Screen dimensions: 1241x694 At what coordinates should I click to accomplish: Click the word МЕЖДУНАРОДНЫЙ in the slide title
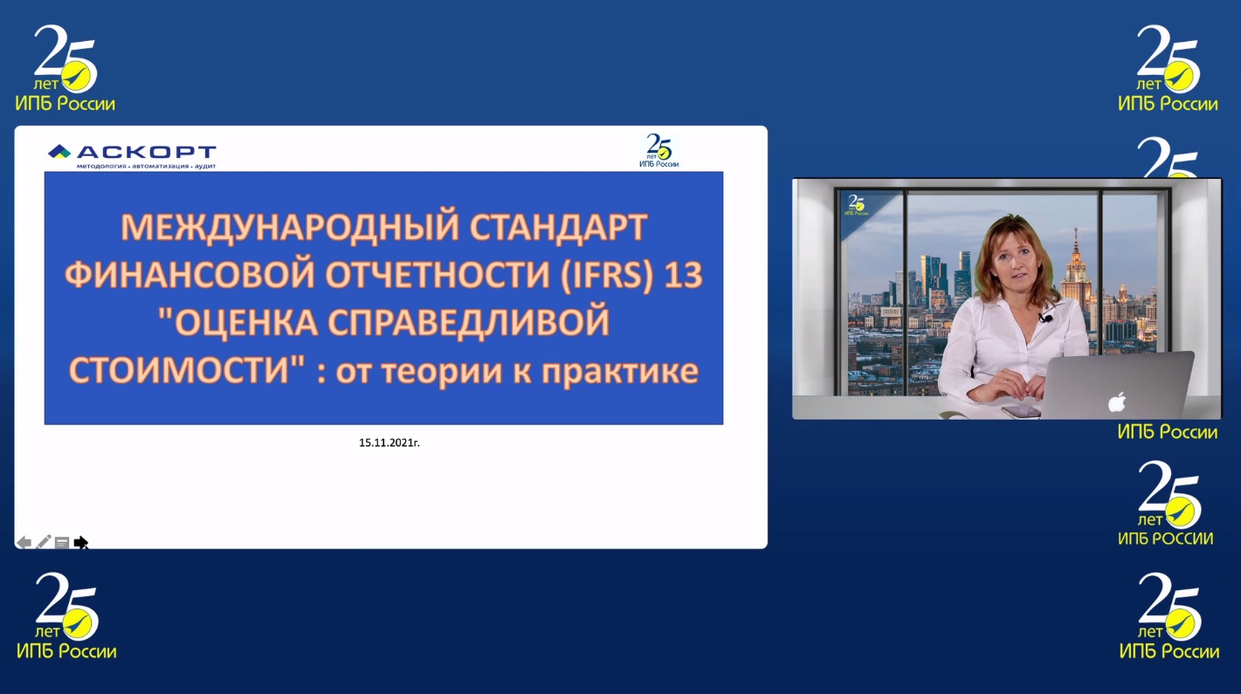pos(290,227)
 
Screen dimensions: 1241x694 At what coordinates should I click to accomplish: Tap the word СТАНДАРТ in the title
pos(558,227)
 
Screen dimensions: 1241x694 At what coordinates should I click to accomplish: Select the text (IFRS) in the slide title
pos(607,275)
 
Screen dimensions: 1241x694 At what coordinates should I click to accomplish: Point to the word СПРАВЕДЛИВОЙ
pos(469,322)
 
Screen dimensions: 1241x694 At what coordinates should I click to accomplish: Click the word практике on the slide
pos(620,371)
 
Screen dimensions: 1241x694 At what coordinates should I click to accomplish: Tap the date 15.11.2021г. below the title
pos(390,443)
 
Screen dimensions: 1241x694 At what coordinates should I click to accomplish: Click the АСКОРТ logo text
pos(146,152)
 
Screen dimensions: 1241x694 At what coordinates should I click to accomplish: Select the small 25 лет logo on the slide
pos(659,151)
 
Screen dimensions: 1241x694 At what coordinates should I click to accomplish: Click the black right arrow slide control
pos(81,542)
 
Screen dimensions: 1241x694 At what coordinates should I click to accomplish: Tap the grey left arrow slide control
pos(24,542)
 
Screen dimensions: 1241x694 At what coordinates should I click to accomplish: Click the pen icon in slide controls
pos(43,542)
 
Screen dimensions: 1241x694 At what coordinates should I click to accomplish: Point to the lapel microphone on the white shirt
pos(1045,318)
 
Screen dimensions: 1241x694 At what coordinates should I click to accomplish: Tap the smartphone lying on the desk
pos(1021,411)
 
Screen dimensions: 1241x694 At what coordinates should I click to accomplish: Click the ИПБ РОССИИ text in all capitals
pos(1166,539)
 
